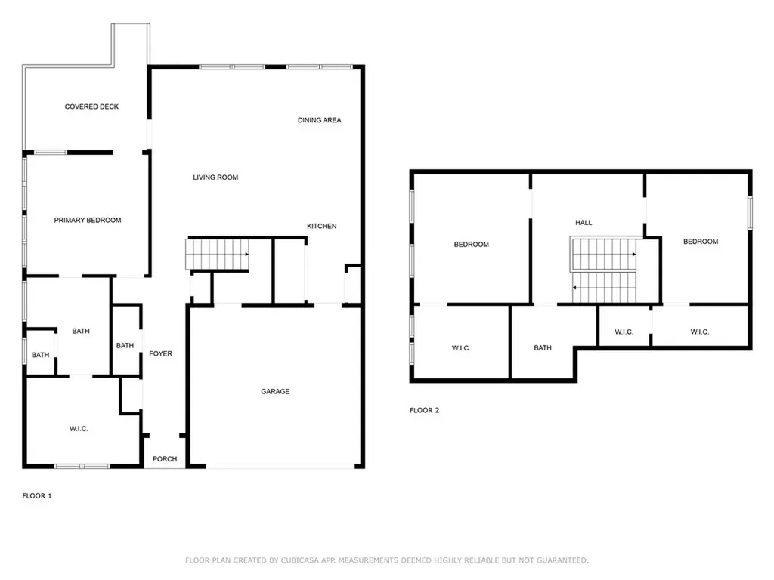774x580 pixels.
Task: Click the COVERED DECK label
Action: point(91,106)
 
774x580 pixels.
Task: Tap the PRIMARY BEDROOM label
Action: point(88,220)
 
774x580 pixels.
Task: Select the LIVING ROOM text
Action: point(215,177)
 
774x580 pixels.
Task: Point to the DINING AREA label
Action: point(320,120)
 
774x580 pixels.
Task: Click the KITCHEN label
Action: point(322,226)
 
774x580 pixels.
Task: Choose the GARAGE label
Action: point(275,392)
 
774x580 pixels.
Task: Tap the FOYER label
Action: point(161,353)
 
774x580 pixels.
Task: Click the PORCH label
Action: point(165,458)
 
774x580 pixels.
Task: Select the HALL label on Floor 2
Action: point(584,223)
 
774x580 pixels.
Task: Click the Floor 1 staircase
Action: point(217,254)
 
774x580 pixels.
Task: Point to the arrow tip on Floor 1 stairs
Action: point(248,254)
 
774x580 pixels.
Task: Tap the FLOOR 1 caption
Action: point(37,495)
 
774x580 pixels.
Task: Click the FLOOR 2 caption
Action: point(425,410)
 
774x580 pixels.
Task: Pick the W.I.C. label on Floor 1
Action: point(79,429)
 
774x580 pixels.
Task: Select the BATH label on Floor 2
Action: point(543,347)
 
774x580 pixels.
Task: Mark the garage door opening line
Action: point(280,465)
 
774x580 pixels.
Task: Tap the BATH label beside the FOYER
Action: point(125,345)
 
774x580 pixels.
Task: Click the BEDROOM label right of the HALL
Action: point(701,241)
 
